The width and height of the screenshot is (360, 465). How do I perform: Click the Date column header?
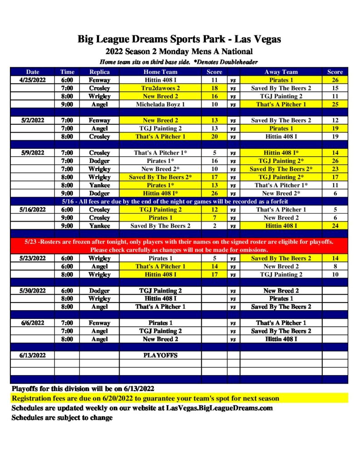[33, 72]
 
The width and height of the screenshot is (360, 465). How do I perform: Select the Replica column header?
[100, 72]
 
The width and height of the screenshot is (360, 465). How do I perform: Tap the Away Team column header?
[281, 72]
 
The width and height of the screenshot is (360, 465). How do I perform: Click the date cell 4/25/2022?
[33, 80]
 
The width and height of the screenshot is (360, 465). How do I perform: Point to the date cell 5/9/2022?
[33, 153]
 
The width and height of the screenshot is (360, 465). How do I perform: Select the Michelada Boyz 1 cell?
[160, 104]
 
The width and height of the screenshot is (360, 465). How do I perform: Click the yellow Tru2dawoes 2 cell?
[160, 88]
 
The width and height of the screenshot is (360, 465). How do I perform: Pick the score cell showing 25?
[335, 104]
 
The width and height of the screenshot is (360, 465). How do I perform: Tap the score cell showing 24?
[335, 226]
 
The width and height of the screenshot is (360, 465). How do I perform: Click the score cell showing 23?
[335, 169]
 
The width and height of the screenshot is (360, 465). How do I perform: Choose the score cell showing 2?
[215, 226]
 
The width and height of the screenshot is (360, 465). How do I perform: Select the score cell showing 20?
[215, 137]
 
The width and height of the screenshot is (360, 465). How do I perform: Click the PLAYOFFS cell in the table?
[160, 355]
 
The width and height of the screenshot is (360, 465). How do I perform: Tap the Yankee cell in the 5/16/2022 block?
[100, 226]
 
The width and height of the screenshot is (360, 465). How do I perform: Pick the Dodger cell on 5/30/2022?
[100, 291]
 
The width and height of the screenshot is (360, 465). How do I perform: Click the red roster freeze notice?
[179, 246]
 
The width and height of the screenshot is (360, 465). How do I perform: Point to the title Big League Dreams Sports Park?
[179, 39]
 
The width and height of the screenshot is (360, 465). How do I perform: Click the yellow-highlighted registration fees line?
[145, 398]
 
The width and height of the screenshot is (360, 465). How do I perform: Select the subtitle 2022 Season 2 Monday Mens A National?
[179, 52]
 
